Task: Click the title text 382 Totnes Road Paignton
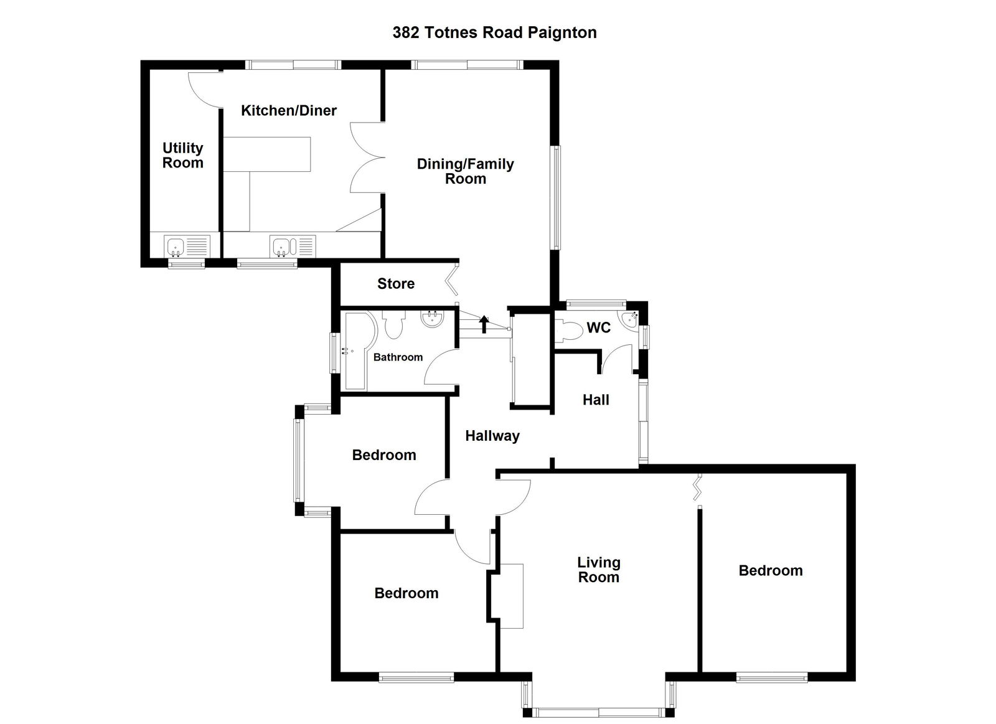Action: point(494,32)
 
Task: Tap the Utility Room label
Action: point(182,156)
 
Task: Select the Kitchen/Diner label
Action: point(289,111)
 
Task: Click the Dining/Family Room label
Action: point(465,171)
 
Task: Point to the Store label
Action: point(395,284)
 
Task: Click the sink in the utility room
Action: point(175,245)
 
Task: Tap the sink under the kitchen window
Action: point(281,245)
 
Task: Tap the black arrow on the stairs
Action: point(484,324)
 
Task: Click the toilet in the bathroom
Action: point(393,324)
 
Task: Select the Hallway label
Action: point(492,436)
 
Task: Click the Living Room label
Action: point(598,570)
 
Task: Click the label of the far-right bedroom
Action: point(770,571)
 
